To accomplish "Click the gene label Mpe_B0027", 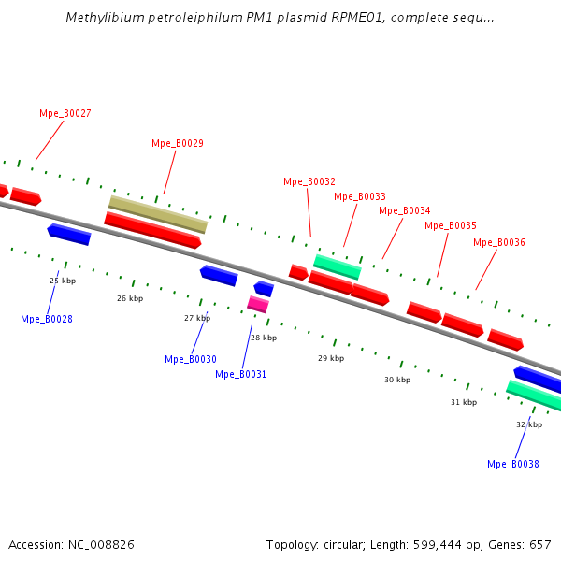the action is tap(65, 113).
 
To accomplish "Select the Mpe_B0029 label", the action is tap(177, 143).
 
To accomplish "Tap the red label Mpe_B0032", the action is tap(309, 181).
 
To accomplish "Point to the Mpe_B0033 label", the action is tap(359, 196).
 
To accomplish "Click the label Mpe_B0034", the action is tap(404, 210).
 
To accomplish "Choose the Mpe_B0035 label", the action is tap(450, 225).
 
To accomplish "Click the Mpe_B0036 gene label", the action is tap(498, 242).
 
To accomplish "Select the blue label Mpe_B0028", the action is tap(46, 319).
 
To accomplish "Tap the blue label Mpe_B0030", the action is tap(190, 359).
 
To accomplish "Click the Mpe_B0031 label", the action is tap(240, 374).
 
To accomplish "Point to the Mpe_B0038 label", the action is tap(512, 464).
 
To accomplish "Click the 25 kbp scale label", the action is tap(62, 280).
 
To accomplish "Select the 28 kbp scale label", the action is tap(263, 338).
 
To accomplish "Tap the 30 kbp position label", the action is tap(396, 380).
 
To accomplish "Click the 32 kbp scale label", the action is tap(528, 424).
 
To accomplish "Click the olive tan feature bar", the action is tap(157, 214).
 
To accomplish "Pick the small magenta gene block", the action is tap(258, 304).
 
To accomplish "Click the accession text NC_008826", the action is tap(71, 544).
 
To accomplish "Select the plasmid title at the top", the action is tap(280, 18).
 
